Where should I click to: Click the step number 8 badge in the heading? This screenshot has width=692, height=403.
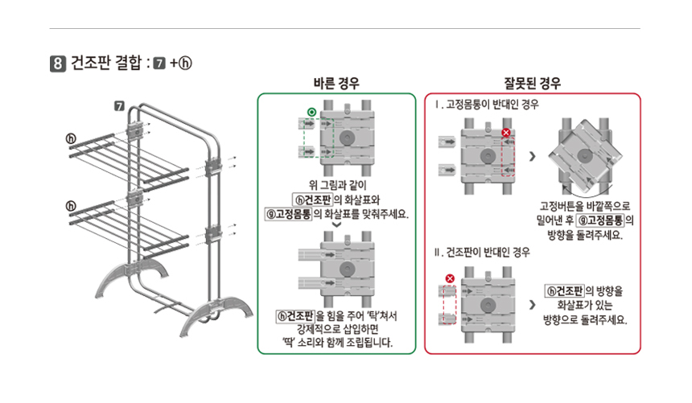[x=58, y=63]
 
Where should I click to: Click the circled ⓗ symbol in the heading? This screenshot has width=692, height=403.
[x=185, y=63]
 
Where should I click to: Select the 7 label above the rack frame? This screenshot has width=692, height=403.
[x=120, y=106]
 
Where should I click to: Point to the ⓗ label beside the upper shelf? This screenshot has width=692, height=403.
[x=71, y=138]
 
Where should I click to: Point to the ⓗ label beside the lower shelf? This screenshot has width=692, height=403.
[x=71, y=206]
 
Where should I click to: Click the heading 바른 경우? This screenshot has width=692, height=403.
[x=336, y=83]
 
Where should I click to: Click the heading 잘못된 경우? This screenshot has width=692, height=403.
[x=532, y=83]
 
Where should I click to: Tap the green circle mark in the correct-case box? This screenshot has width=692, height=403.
[x=311, y=112]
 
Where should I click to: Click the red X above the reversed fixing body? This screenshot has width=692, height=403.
[x=506, y=133]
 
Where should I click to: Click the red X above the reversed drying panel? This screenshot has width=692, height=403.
[x=450, y=278]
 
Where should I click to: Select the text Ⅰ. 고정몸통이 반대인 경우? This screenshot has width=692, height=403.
[x=486, y=105]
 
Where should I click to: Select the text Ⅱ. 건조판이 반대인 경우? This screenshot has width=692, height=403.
[x=482, y=253]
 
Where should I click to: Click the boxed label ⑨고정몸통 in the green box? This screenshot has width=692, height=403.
[x=288, y=214]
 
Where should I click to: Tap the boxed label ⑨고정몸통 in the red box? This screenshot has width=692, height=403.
[x=600, y=220]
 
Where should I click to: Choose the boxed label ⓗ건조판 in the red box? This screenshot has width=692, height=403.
[x=564, y=291]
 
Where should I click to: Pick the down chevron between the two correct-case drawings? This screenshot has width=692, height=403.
[x=336, y=225]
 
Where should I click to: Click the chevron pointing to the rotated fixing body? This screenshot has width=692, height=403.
[x=532, y=156]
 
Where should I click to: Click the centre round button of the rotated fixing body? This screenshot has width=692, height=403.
[x=585, y=156]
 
